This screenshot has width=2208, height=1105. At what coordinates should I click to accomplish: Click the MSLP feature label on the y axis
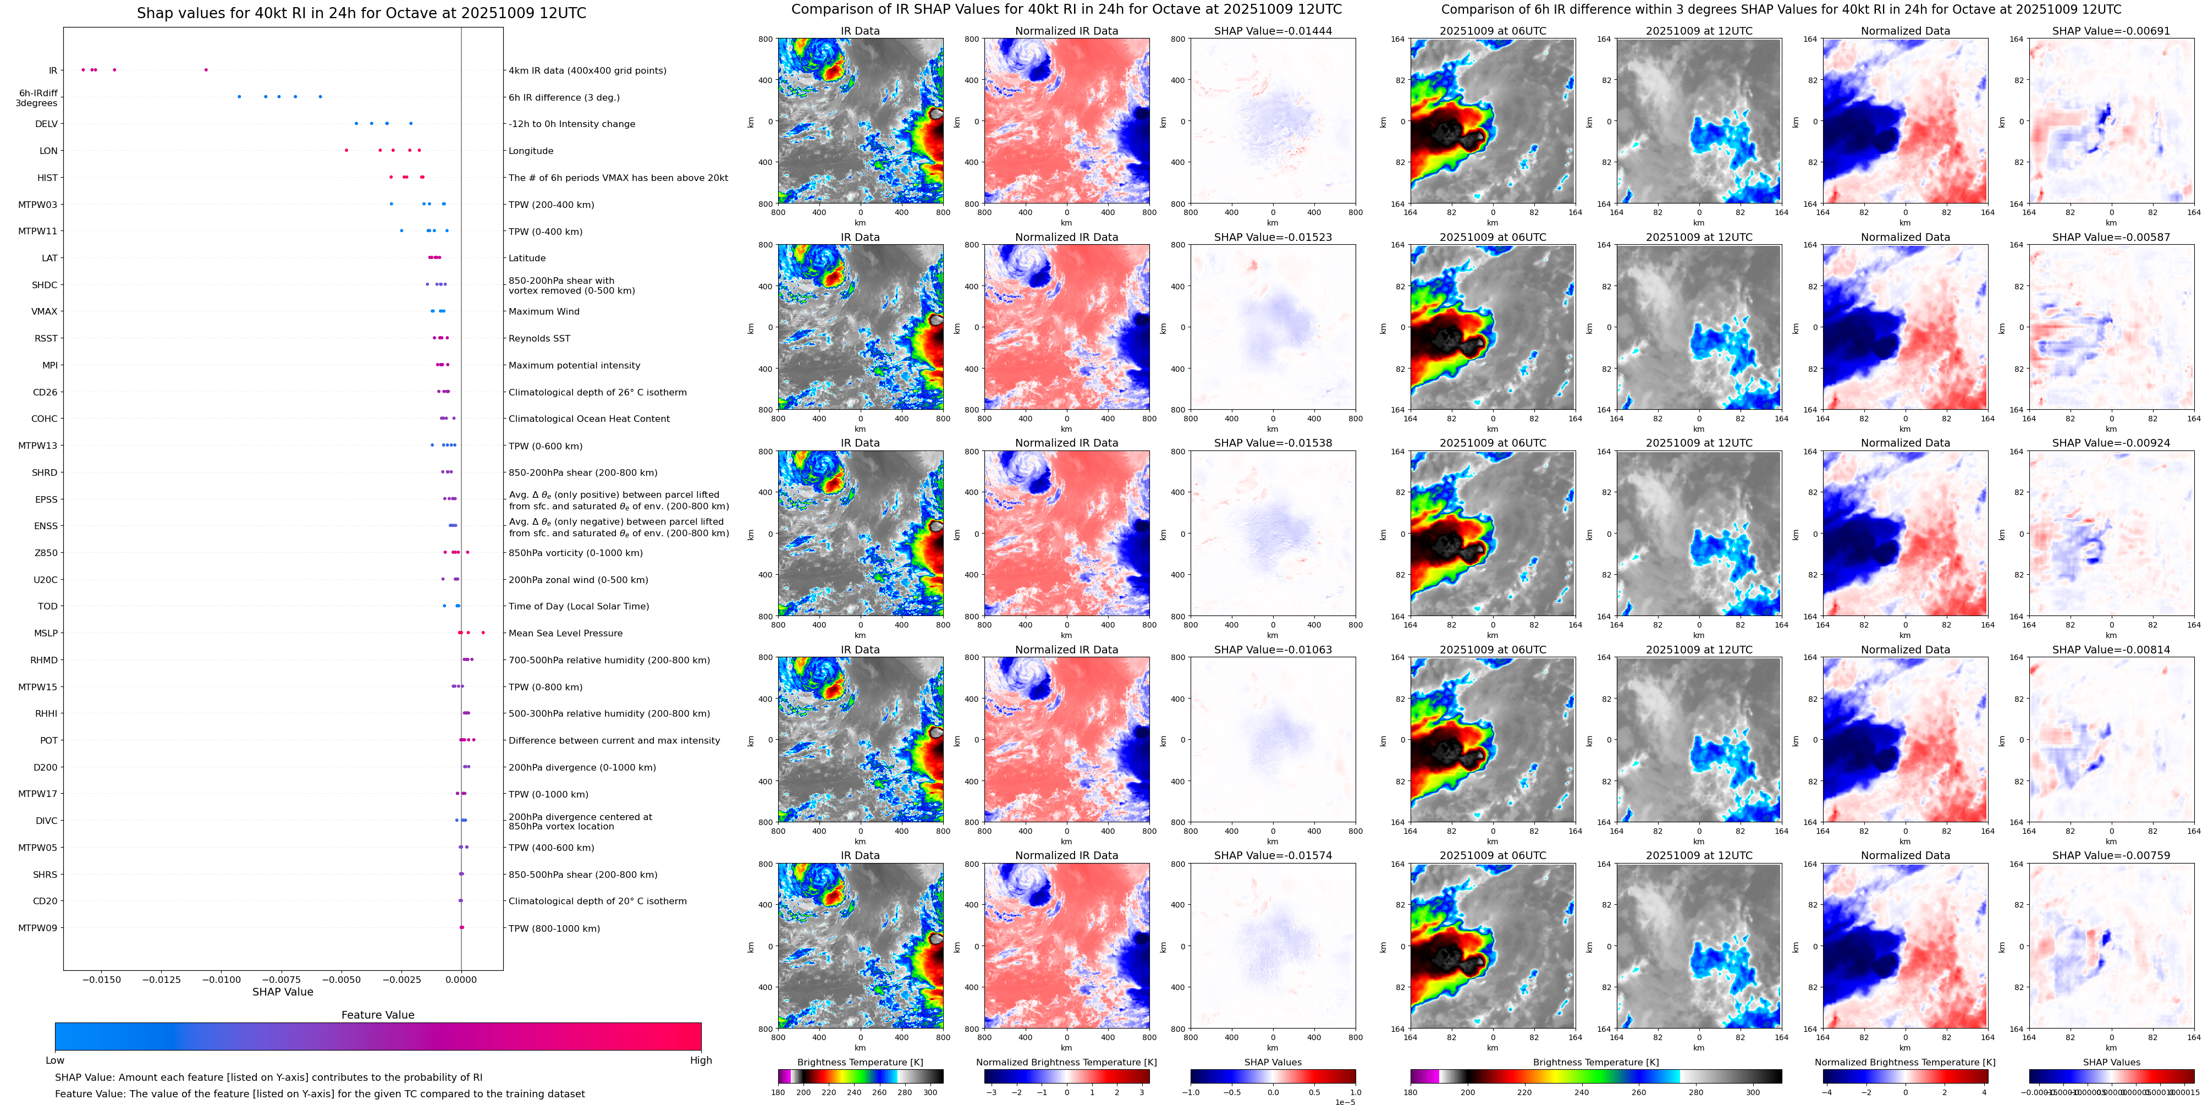[46, 634]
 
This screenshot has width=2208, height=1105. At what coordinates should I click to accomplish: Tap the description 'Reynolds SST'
[539, 339]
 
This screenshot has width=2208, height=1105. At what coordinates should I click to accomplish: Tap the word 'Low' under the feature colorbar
[55, 1060]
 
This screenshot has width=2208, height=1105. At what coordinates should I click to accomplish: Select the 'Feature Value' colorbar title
[377, 1015]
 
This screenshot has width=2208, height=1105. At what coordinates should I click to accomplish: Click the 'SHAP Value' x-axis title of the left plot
[283, 992]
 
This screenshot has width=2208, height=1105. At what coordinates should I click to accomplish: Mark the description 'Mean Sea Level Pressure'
[565, 634]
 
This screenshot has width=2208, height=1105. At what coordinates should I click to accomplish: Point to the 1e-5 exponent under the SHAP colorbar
[1345, 1102]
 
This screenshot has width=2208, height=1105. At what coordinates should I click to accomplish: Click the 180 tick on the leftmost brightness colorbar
[778, 1093]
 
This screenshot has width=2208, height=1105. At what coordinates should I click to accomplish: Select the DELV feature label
[46, 124]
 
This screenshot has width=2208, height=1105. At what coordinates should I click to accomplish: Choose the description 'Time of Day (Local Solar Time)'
[579, 606]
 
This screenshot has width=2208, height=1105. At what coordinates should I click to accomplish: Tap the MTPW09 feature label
[38, 927]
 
